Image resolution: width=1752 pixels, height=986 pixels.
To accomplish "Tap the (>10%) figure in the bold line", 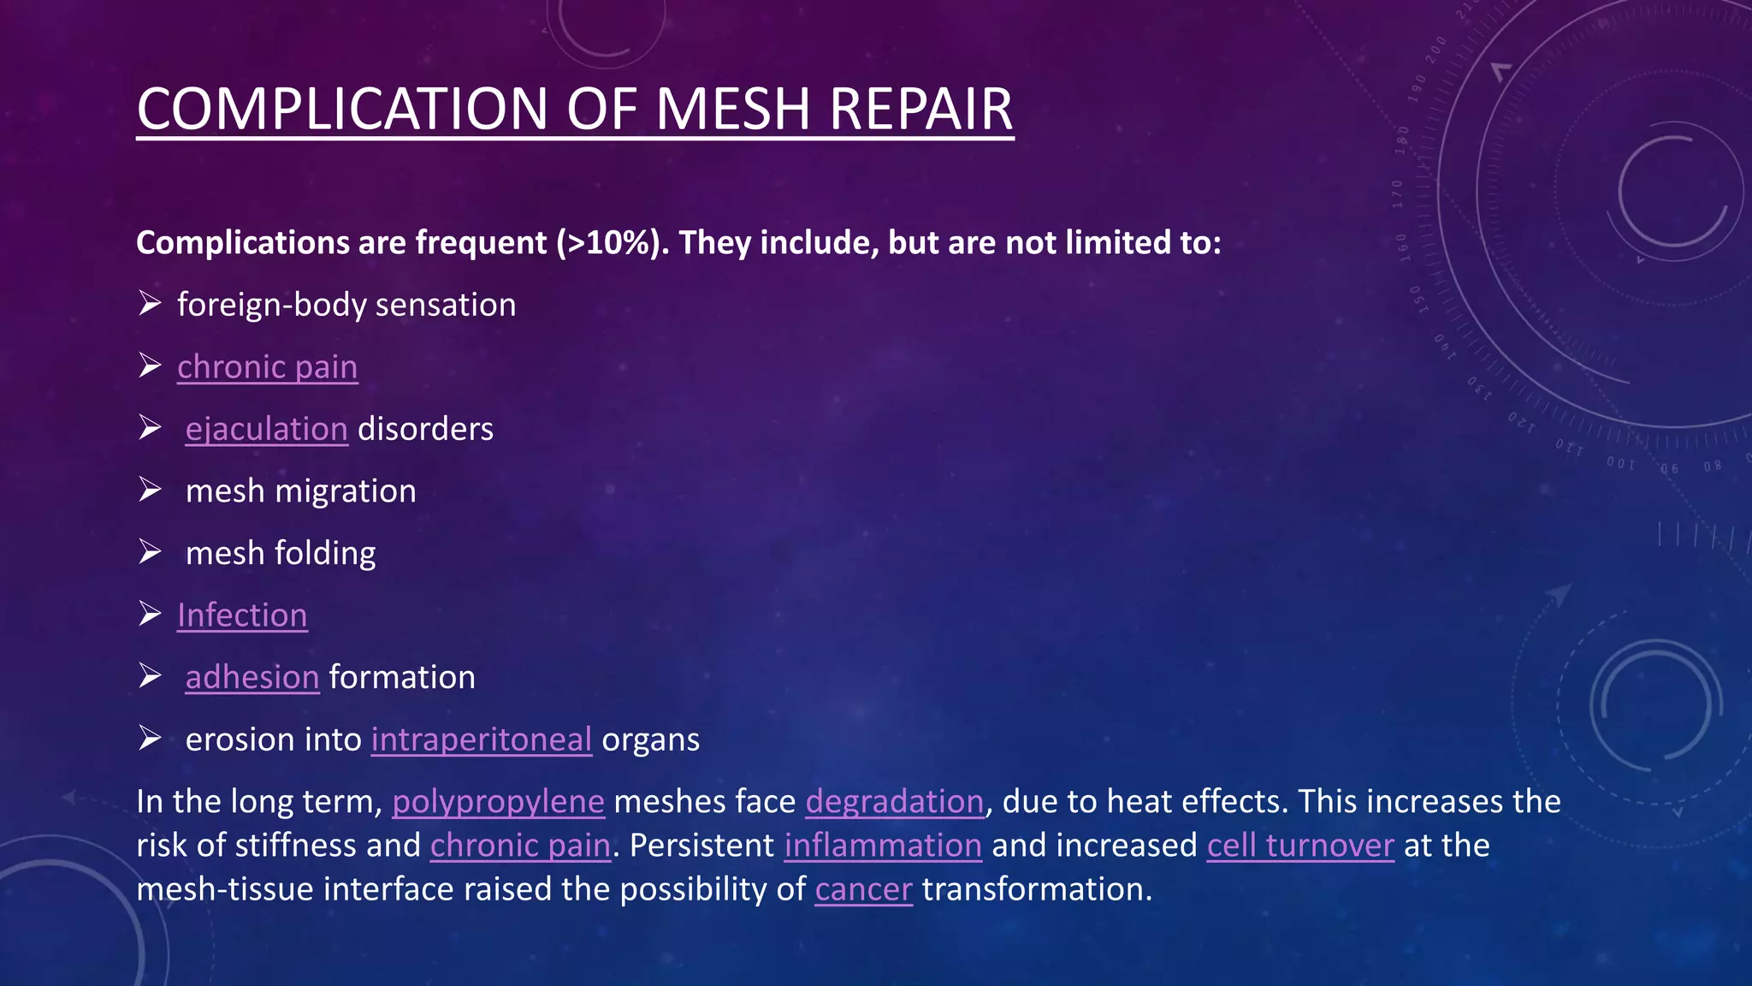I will click(x=613, y=243).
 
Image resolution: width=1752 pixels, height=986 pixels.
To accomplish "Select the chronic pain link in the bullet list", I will click(x=267, y=367).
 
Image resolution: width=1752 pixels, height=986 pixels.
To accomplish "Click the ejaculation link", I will click(x=266, y=429).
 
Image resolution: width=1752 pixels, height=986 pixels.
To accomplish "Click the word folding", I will click(x=325, y=554).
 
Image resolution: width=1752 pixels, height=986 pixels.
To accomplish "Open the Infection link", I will click(x=242, y=615).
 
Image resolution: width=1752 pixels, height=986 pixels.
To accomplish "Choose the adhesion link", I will click(x=252, y=678).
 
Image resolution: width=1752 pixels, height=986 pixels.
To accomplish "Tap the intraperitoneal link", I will click(x=481, y=739).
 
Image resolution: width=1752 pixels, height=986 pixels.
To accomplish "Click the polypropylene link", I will click(x=498, y=802).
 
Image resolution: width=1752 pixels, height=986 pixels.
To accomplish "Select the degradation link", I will click(x=894, y=802).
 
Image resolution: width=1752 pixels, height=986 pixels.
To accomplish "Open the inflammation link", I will click(x=883, y=846).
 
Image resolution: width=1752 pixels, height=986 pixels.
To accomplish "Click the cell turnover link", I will click(x=1300, y=846).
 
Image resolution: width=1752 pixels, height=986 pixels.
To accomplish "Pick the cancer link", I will click(x=863, y=889).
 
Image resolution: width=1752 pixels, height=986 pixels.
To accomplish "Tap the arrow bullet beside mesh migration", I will click(x=150, y=490).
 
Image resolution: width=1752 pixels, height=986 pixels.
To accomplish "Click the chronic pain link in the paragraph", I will click(x=520, y=846).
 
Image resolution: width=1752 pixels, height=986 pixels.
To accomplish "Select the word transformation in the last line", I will click(x=1036, y=889).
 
